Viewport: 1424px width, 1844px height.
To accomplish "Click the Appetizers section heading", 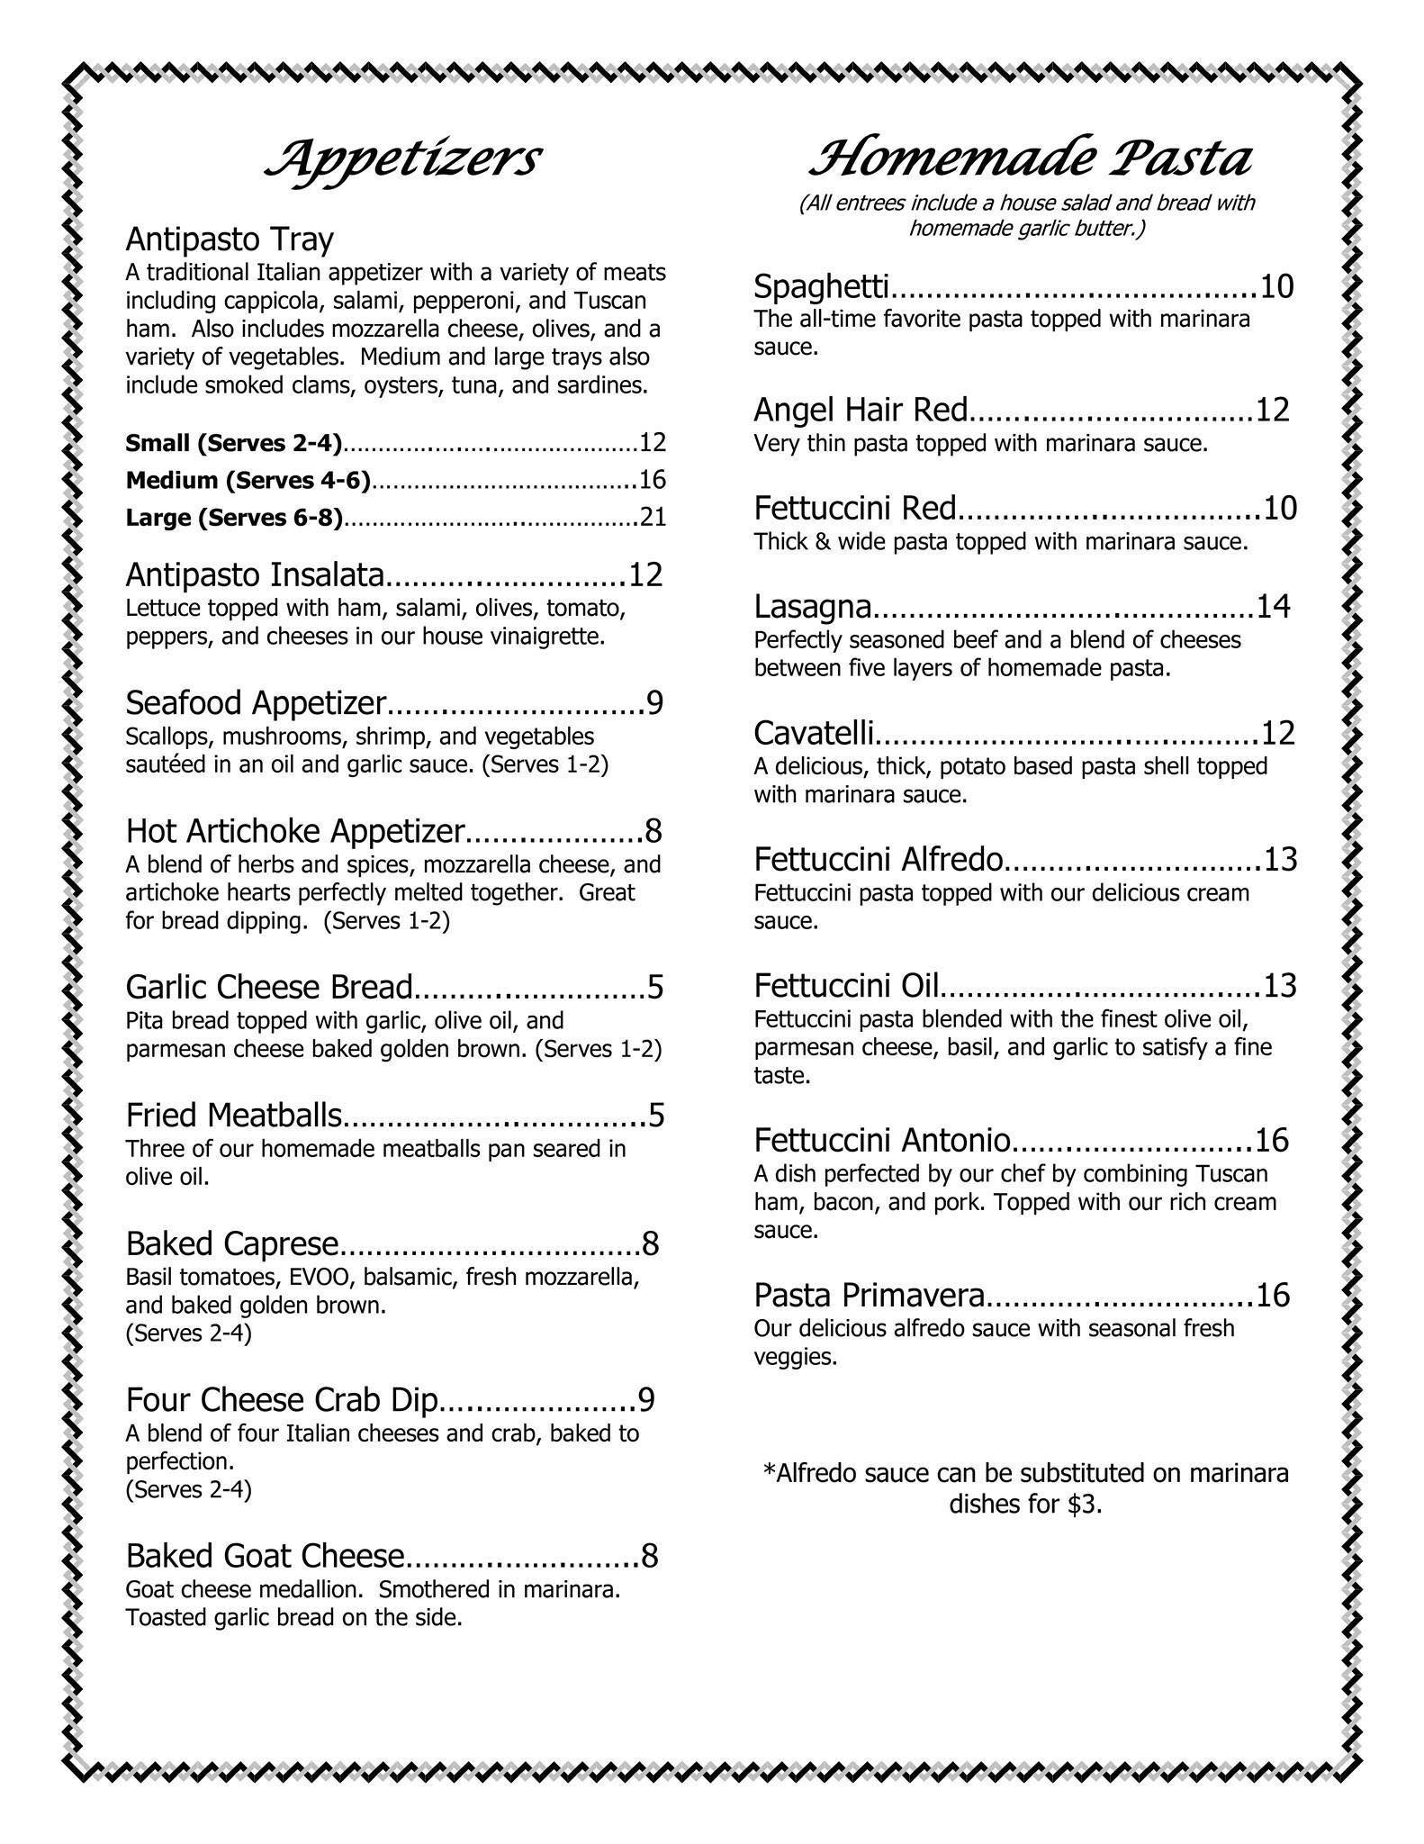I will [402, 160].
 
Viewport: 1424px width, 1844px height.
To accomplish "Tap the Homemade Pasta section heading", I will [1030, 160].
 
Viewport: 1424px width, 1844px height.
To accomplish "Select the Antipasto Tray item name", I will [230, 240].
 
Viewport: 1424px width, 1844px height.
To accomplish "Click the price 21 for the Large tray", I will [652, 517].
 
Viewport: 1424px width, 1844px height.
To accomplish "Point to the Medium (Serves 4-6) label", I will [248, 480].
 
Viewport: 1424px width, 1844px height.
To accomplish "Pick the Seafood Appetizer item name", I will [256, 702].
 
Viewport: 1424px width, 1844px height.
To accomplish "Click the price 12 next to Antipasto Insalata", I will [644, 574].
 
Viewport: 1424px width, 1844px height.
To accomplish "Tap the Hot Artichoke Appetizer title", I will [295, 830].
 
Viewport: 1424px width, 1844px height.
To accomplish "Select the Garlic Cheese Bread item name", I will [268, 987].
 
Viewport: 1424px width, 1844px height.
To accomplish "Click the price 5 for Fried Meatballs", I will [655, 1116].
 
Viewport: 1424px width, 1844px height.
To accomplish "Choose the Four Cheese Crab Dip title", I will [282, 1400].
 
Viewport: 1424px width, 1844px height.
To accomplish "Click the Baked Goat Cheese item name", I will [265, 1556].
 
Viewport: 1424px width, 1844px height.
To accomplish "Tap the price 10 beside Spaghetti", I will [1276, 286].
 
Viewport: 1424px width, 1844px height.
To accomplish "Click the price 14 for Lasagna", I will [1273, 607].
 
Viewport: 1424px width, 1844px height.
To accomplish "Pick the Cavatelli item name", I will [814, 734].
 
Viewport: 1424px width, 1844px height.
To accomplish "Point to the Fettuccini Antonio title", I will [882, 1141].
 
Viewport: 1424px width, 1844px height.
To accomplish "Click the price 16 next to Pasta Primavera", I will [1273, 1296].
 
